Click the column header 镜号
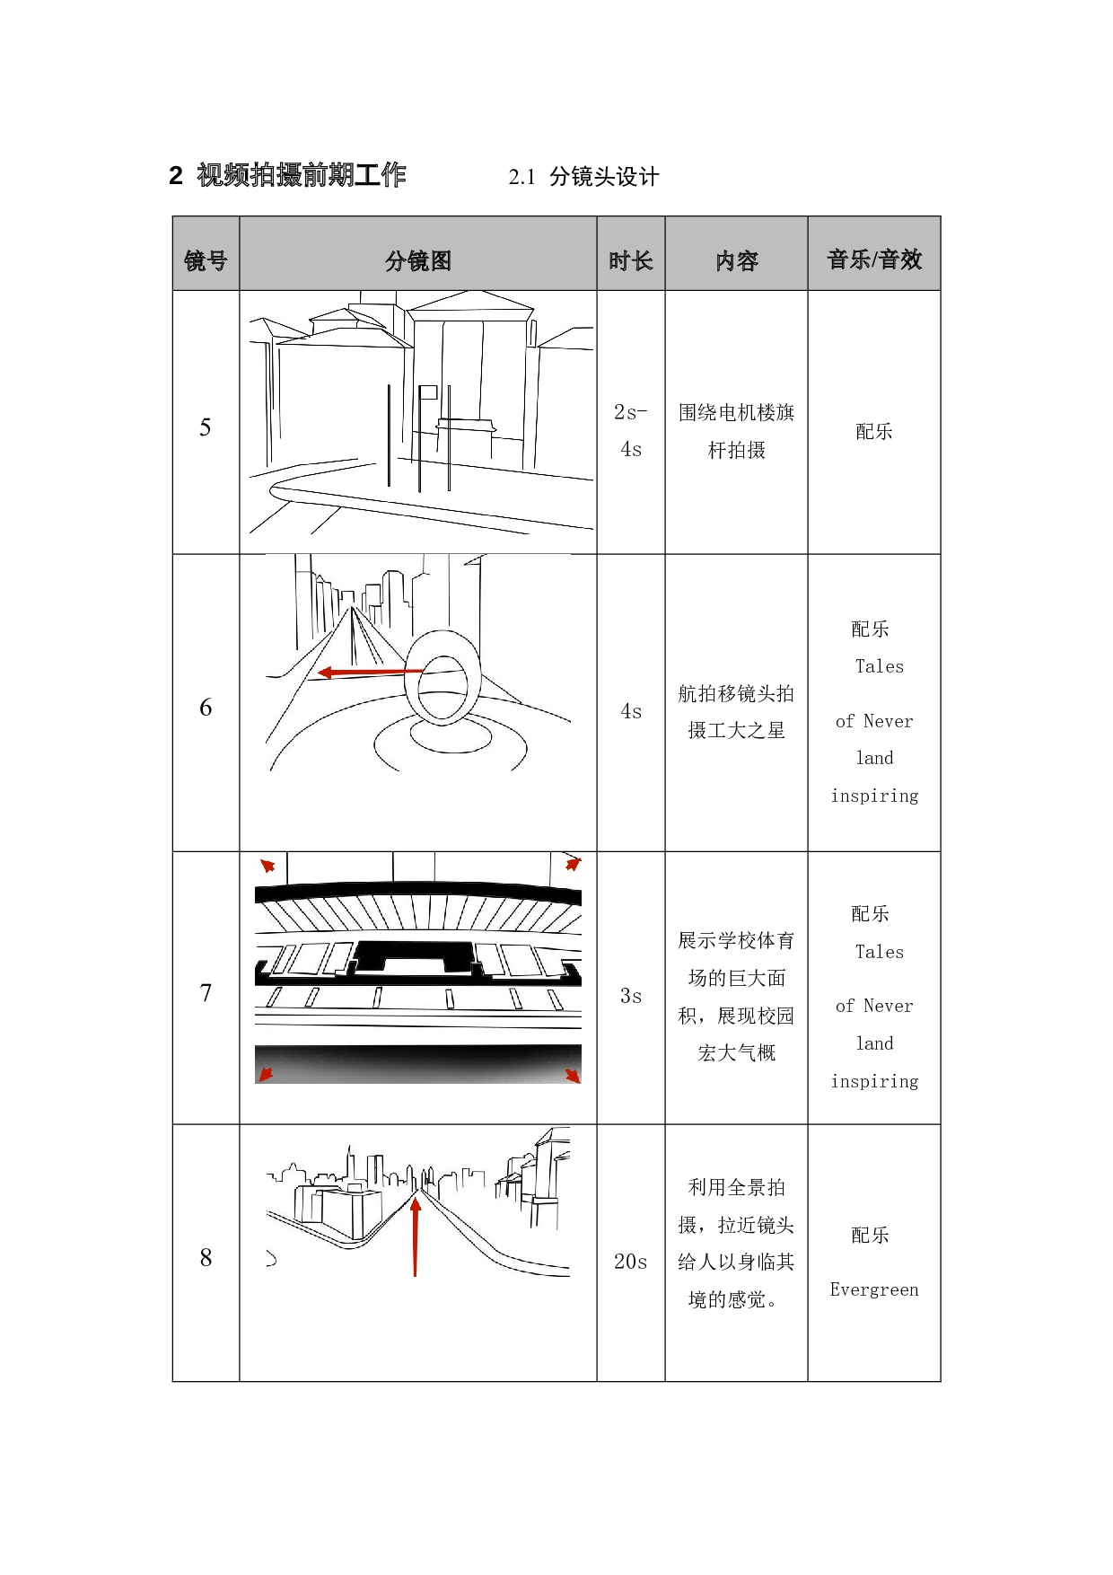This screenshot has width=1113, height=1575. click(206, 260)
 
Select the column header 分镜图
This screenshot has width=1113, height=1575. click(418, 260)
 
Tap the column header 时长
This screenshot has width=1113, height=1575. click(631, 260)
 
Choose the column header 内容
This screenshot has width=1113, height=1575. click(737, 260)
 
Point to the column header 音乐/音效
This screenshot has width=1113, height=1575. click(874, 260)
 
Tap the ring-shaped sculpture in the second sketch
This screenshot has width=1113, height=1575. click(443, 678)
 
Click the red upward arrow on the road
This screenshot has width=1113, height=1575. click(416, 1235)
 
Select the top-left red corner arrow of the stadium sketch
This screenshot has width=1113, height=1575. click(267, 866)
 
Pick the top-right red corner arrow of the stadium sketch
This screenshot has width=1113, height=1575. click(572, 864)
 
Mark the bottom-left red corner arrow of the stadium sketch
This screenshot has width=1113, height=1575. click(266, 1074)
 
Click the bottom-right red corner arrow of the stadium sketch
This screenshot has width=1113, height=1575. click(572, 1075)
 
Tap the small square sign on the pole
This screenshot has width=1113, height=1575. click(428, 392)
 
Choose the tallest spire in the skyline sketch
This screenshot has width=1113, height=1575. click(349, 1158)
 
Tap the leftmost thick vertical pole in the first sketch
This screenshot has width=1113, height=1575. click(389, 436)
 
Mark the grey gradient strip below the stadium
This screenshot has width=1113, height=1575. click(418, 1064)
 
